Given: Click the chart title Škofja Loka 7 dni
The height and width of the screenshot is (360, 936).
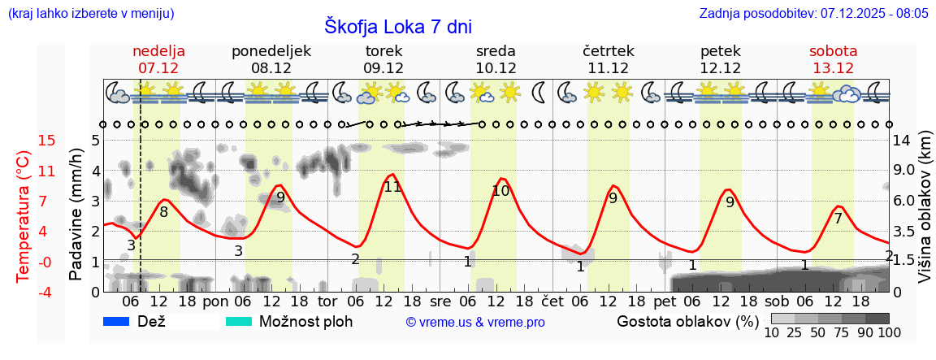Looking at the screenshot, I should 397,26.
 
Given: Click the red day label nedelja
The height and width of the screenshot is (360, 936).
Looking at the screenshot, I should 159,51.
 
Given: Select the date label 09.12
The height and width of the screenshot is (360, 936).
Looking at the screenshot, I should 383,68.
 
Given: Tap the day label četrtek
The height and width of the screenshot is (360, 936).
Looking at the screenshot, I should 609,51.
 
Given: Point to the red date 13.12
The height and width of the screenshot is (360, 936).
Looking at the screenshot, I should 833,68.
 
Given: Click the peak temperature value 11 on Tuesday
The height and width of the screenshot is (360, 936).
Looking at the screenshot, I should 392,187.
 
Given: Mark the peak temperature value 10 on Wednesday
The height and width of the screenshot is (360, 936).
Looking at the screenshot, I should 500,191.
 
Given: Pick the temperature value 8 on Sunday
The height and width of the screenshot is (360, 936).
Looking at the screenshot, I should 163,212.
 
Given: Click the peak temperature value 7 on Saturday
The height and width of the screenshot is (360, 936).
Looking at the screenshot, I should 838,218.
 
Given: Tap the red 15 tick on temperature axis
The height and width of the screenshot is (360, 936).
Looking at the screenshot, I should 24,141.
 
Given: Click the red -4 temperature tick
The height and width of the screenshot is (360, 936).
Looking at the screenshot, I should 24,292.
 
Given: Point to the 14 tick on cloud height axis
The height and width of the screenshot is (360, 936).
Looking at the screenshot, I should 903,141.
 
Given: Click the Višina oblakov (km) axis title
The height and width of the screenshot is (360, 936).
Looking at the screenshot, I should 925,215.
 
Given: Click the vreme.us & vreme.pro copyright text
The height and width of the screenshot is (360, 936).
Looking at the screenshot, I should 475,323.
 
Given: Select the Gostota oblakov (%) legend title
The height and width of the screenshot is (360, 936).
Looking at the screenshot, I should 687,322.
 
